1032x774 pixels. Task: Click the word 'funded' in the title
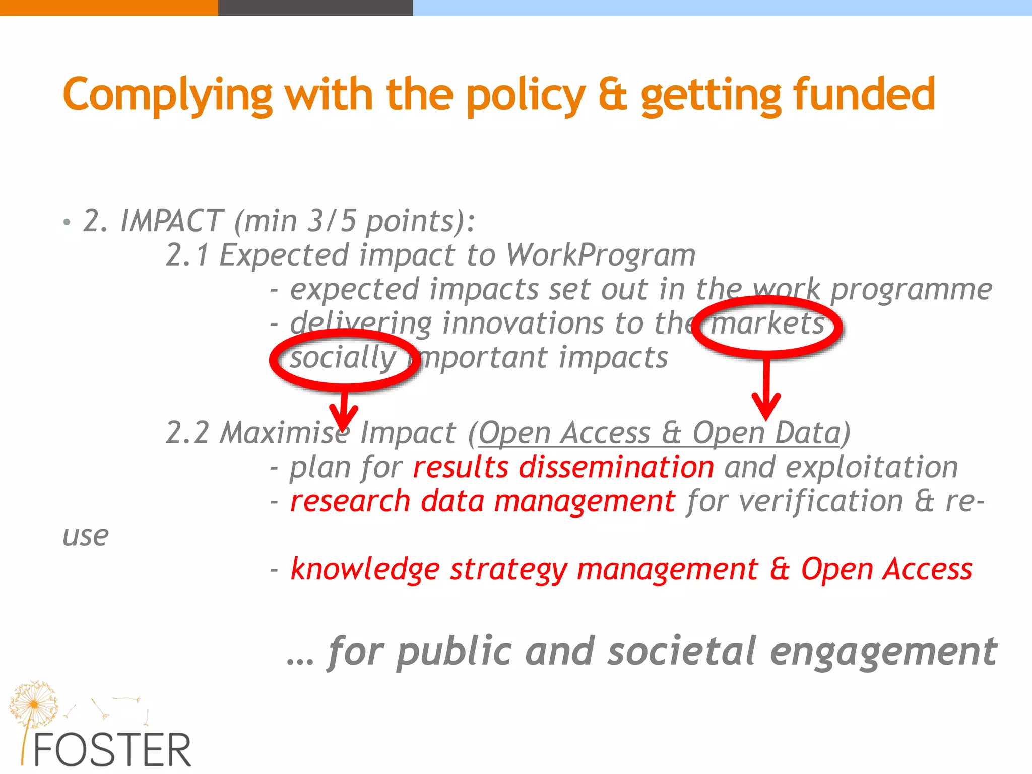pos(864,94)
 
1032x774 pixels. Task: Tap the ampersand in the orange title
pos(613,95)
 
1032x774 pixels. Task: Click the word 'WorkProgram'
pos(600,255)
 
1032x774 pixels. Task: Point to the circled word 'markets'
pos(767,324)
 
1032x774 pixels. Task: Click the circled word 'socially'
pos(343,358)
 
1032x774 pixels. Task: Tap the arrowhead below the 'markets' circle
pos(766,406)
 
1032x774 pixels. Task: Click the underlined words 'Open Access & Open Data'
pos(660,433)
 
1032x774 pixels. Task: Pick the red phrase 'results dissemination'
pos(563,467)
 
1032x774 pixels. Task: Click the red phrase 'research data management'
pos(482,501)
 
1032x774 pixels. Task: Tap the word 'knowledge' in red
pos(365,570)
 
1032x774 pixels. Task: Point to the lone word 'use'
pos(85,536)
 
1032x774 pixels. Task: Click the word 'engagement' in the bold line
pos(883,652)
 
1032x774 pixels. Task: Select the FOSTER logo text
pos(112,750)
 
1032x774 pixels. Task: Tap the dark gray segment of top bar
pos(315,8)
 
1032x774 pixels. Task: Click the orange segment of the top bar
pos(108,8)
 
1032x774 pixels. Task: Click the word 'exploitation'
pos(872,467)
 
